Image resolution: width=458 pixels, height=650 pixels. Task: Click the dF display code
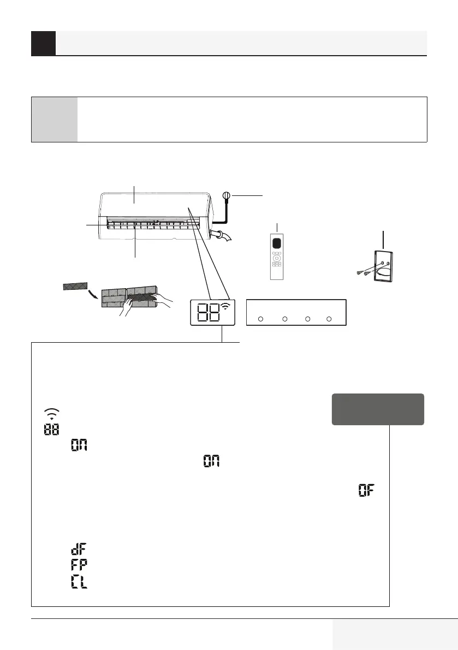(x=80, y=548)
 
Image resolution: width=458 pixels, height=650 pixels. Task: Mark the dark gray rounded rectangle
(x=378, y=409)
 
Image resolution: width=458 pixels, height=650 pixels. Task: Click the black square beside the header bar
(x=43, y=43)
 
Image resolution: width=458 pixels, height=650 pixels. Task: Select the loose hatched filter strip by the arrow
(x=75, y=286)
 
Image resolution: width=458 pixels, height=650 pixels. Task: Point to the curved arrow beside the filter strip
(x=95, y=295)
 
